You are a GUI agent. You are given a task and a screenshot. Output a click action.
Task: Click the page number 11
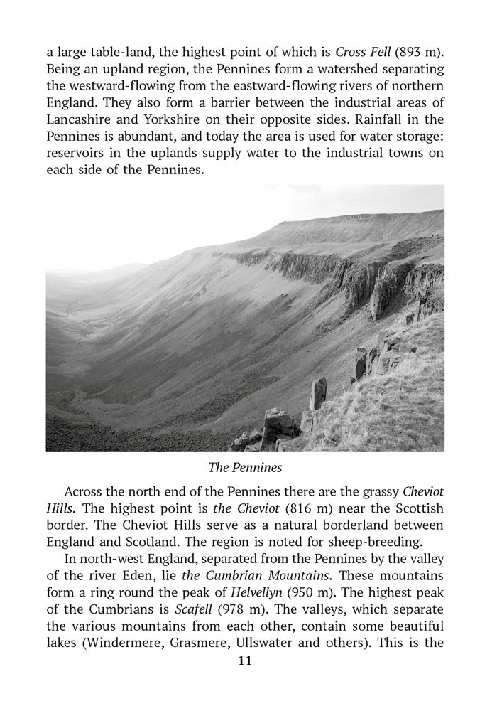point(245,661)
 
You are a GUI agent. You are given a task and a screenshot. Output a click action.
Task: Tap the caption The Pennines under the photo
point(245,467)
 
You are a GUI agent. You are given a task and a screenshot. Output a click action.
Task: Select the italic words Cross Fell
point(361,53)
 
